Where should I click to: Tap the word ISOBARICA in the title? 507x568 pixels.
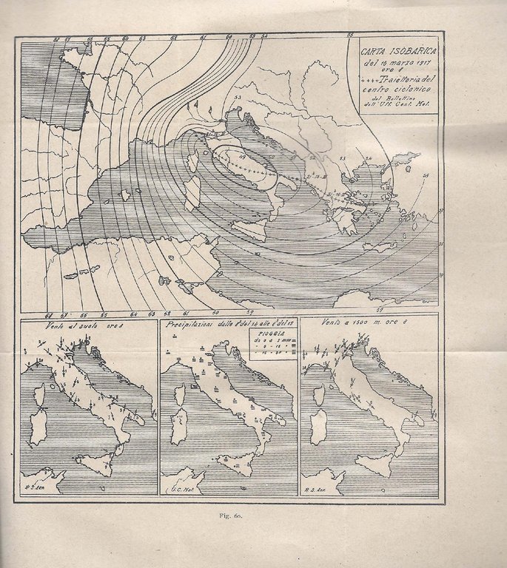click(x=410, y=51)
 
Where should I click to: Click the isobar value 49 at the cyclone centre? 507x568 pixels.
click(x=221, y=154)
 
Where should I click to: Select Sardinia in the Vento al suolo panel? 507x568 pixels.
click(x=38, y=427)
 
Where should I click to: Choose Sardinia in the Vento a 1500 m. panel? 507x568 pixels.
click(x=318, y=427)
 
